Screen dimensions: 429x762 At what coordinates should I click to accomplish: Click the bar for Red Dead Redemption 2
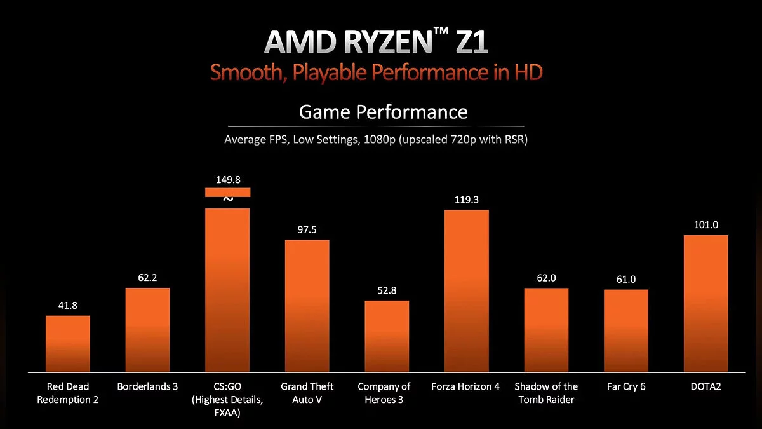coord(68,343)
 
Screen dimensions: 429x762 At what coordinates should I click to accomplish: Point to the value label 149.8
coord(227,179)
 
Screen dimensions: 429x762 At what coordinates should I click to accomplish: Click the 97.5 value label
coord(307,229)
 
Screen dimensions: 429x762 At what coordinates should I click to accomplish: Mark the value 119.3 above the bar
coord(467,200)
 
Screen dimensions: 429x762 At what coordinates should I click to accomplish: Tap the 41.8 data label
coord(68,306)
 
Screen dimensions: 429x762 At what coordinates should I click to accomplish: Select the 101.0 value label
coord(705,225)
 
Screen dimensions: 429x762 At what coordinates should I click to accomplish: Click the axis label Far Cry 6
coord(626,386)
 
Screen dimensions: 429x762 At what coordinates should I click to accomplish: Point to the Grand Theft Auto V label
coord(307,393)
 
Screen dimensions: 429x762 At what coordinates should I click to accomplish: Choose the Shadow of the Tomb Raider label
coord(546,393)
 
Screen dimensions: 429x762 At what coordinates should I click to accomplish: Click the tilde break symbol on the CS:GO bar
coord(228,199)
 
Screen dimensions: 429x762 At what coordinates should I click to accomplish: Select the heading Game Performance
coord(383,112)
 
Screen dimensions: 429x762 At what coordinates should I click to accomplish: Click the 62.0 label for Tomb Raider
coord(546,278)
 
